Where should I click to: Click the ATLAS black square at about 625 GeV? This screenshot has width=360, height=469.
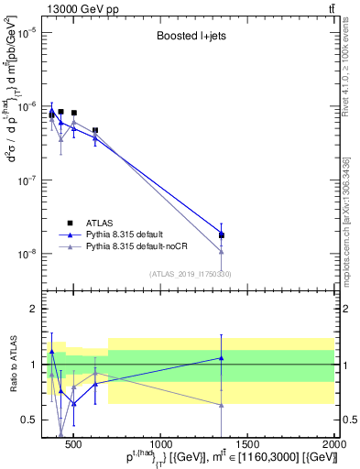[95, 130]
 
